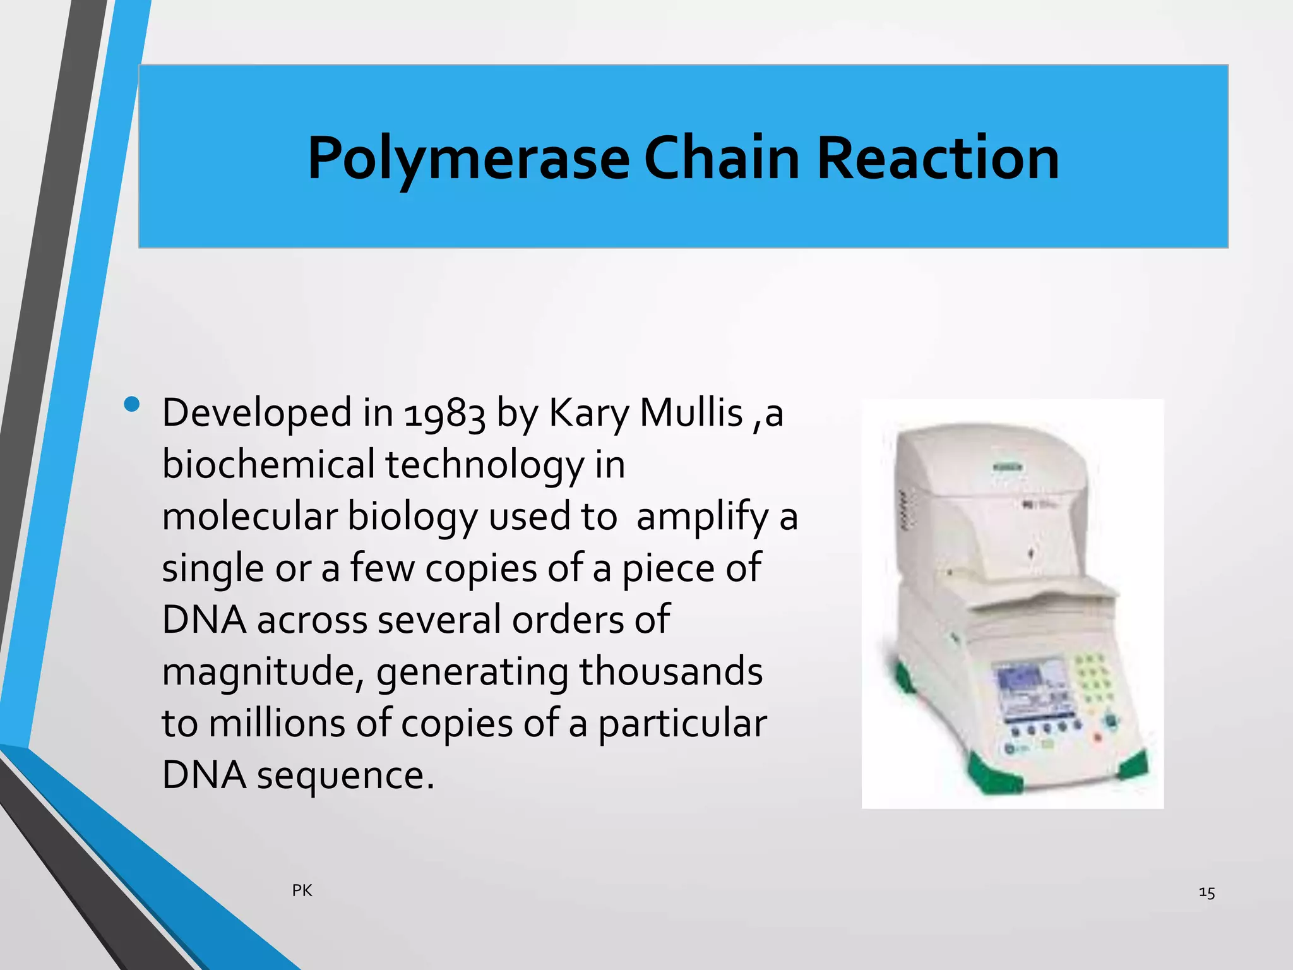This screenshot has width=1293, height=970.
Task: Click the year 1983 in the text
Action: [x=444, y=414]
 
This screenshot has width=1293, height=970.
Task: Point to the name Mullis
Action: [x=691, y=413]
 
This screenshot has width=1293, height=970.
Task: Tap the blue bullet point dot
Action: [x=132, y=405]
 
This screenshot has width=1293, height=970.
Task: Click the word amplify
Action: [x=702, y=517]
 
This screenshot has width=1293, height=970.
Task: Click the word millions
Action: [x=277, y=723]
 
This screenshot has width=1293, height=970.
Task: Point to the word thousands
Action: [x=671, y=671]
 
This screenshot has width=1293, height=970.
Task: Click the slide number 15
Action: [x=1207, y=892]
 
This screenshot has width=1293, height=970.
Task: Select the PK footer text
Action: [x=302, y=890]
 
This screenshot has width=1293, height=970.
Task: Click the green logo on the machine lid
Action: [x=1008, y=468]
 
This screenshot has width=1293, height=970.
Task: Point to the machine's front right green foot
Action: [x=1135, y=765]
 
